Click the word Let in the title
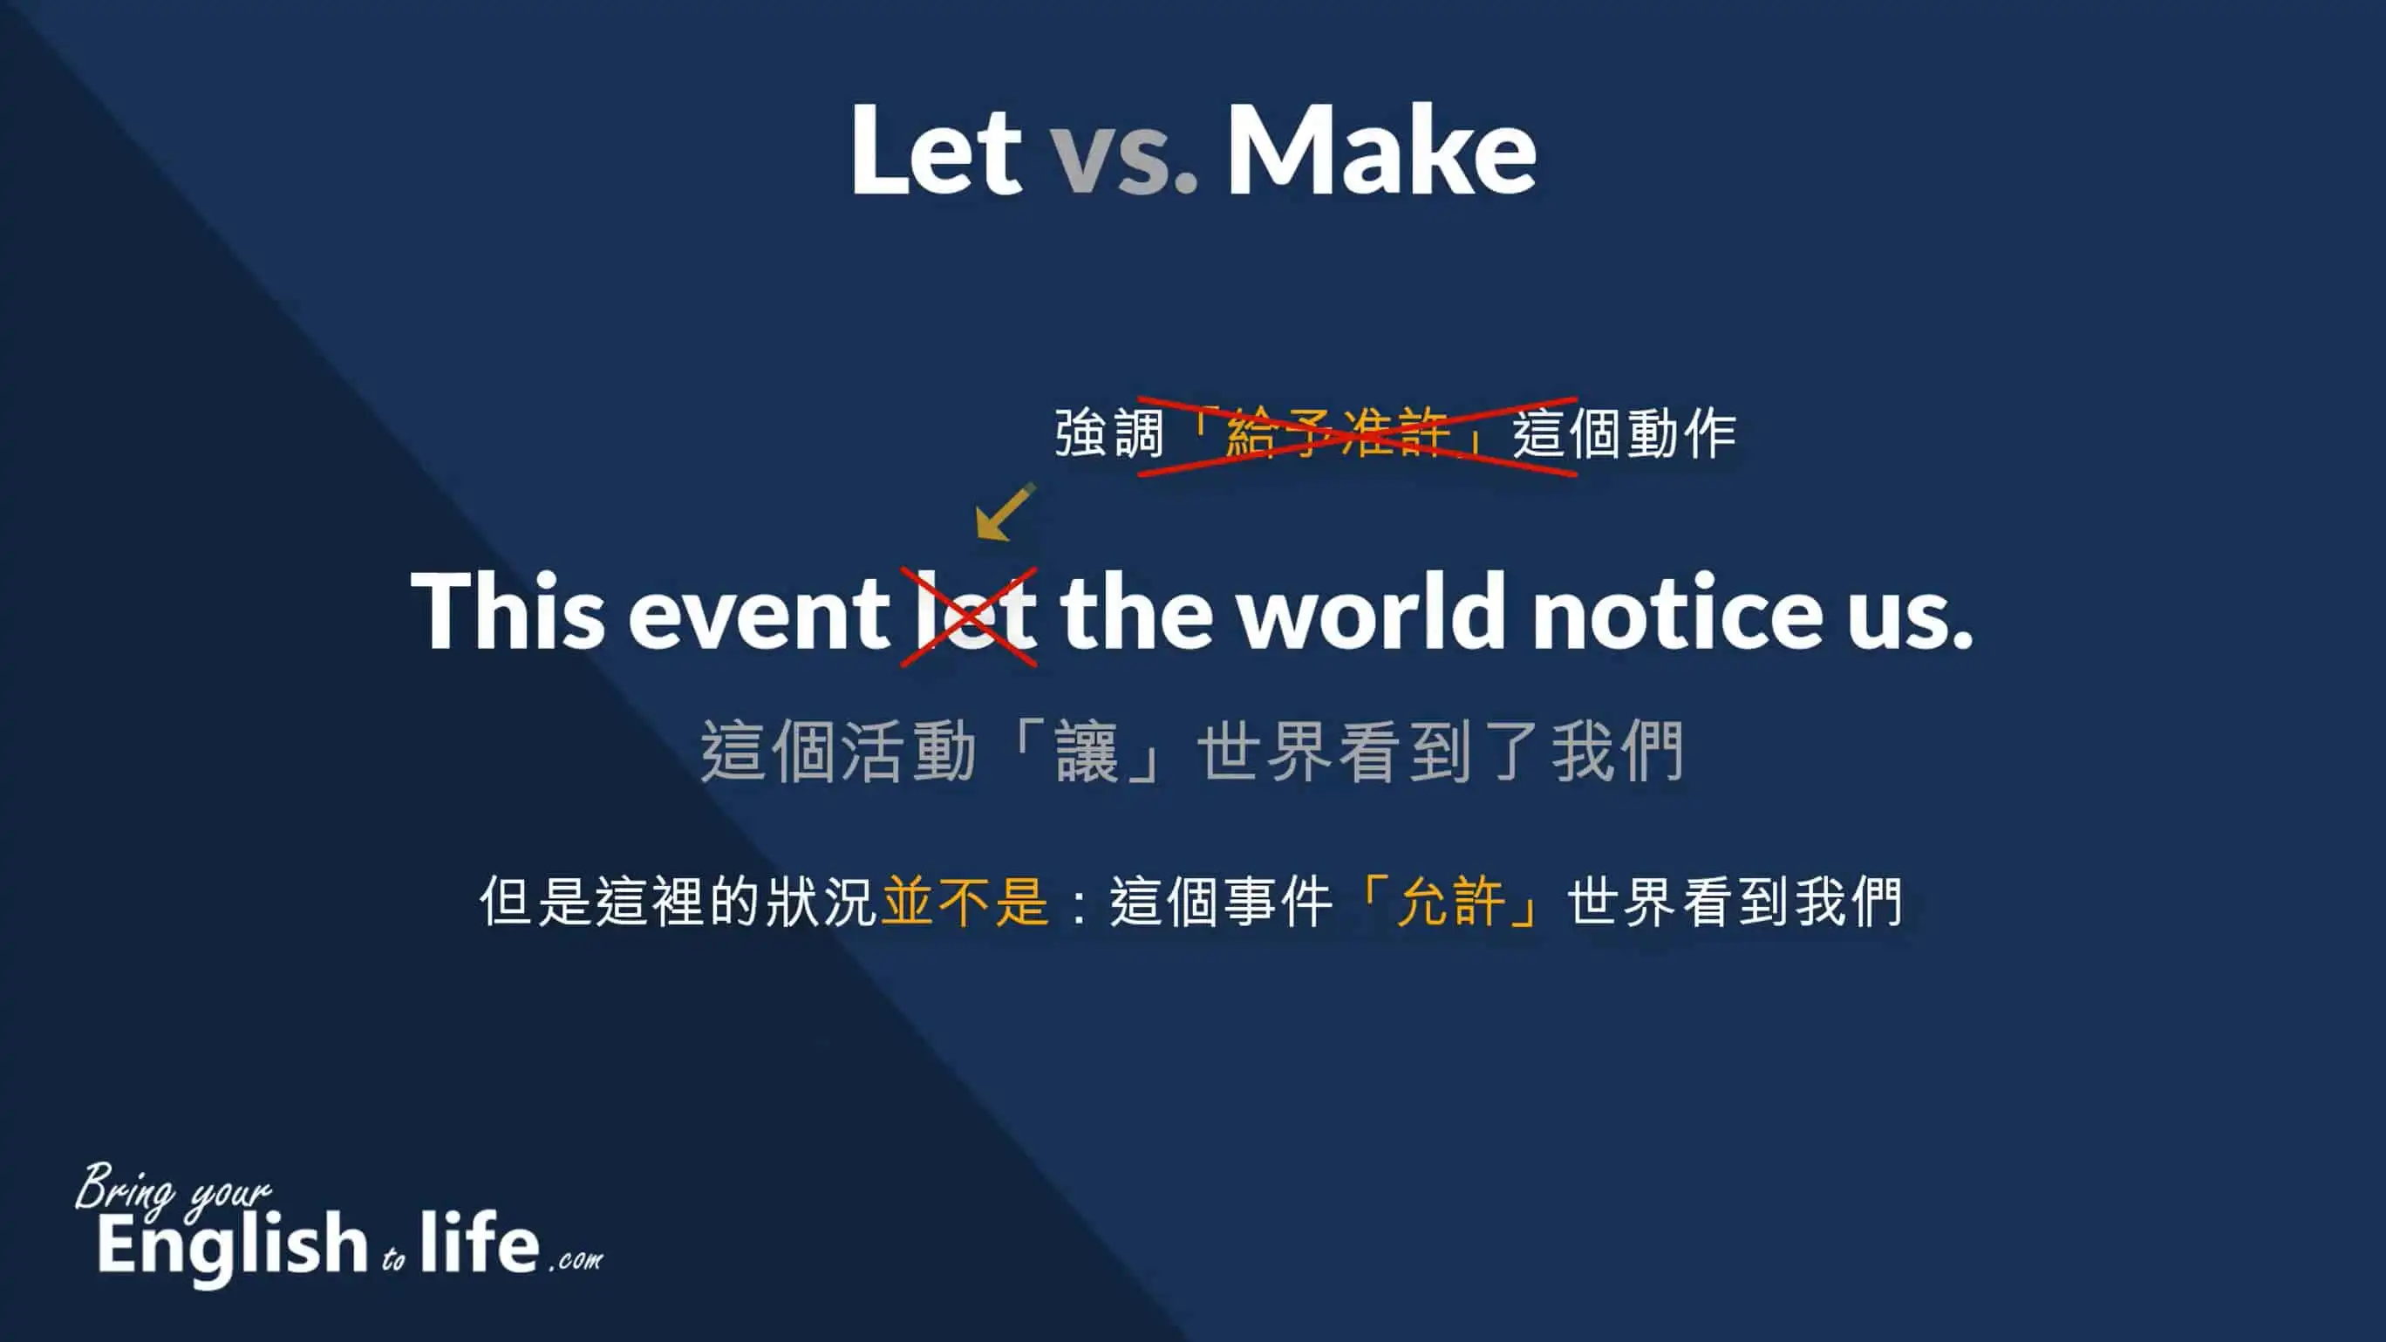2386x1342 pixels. (936, 150)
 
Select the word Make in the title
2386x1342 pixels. (1381, 149)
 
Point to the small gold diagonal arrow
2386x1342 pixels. (1005, 510)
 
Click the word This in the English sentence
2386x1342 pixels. (508, 610)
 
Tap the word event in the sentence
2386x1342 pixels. (759, 614)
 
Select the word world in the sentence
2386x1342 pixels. (1374, 610)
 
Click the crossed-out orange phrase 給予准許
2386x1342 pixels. (1338, 433)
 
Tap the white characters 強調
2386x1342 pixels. (1109, 433)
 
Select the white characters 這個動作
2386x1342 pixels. (1625, 433)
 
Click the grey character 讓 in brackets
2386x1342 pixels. (1087, 751)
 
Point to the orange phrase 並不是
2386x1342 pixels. (965, 901)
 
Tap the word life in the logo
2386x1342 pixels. (479, 1241)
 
